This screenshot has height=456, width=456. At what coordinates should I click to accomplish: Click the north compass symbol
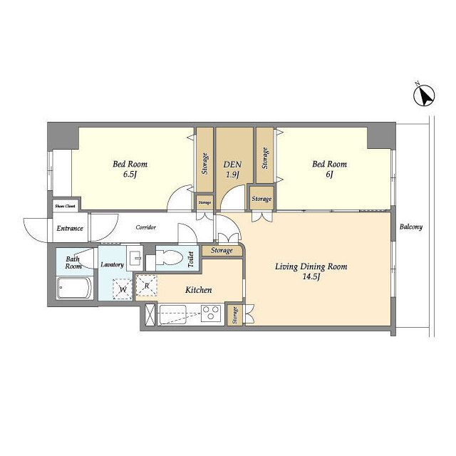click(x=424, y=95)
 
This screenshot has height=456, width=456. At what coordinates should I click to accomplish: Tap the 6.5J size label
click(x=130, y=175)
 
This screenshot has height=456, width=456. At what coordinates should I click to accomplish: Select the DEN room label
click(x=232, y=165)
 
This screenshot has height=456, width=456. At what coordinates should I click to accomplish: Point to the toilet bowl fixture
click(x=170, y=257)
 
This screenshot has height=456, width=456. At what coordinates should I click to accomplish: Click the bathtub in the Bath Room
click(x=76, y=288)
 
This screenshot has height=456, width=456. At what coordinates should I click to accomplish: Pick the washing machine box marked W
click(x=123, y=289)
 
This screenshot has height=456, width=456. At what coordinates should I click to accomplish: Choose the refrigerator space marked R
click(x=147, y=286)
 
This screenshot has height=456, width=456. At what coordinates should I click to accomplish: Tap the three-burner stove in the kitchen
click(x=212, y=313)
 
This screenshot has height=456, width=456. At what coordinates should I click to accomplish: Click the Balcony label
click(x=410, y=227)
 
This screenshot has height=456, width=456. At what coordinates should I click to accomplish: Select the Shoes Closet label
click(x=65, y=206)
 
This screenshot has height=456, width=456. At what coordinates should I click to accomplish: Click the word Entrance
click(x=70, y=228)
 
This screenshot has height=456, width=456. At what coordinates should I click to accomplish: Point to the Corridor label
click(x=145, y=227)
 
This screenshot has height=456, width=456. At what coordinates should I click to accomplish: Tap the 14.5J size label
click(x=311, y=276)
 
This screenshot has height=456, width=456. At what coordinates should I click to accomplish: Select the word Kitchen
click(x=199, y=290)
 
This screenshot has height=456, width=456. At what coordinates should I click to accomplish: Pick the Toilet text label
click(x=191, y=259)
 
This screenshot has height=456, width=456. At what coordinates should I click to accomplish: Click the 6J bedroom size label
click(x=329, y=175)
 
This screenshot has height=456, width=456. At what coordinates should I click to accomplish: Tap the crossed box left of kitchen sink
click(x=150, y=314)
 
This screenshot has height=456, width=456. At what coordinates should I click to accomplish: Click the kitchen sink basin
click(x=172, y=314)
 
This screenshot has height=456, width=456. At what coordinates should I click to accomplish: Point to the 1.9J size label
click(x=232, y=175)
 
